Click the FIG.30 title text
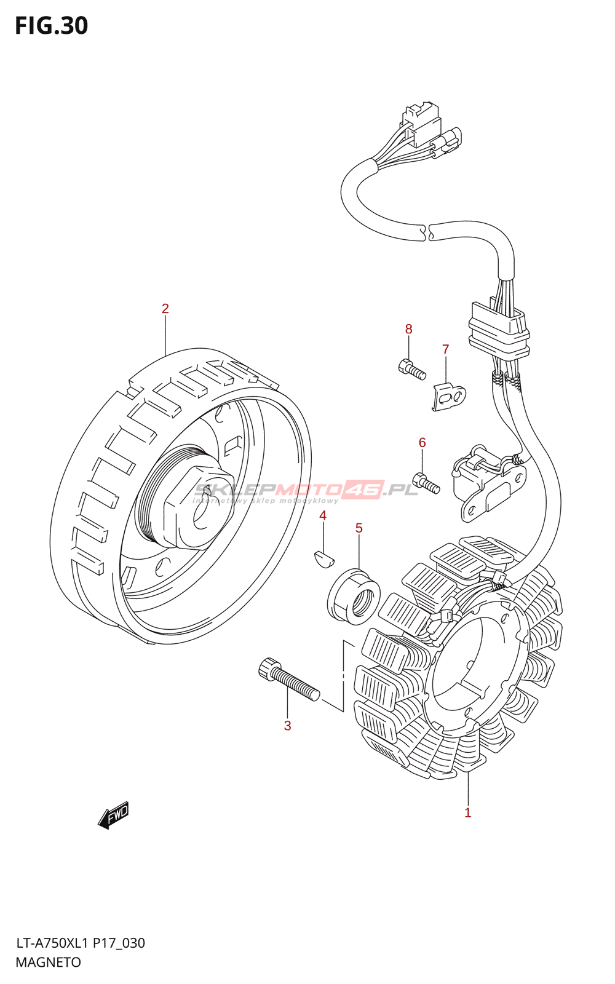point(52,26)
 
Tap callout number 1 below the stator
point(468,812)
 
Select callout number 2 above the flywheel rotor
point(165,309)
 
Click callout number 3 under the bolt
point(287,726)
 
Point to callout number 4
point(323,515)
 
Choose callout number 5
point(359,528)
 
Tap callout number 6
point(422,442)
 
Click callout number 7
point(446,349)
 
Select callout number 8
point(408,329)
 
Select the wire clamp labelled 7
point(450,396)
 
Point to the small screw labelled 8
point(412,369)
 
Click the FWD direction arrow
point(114,815)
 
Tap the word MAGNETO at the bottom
point(48,962)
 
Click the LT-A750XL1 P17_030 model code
point(80,943)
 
